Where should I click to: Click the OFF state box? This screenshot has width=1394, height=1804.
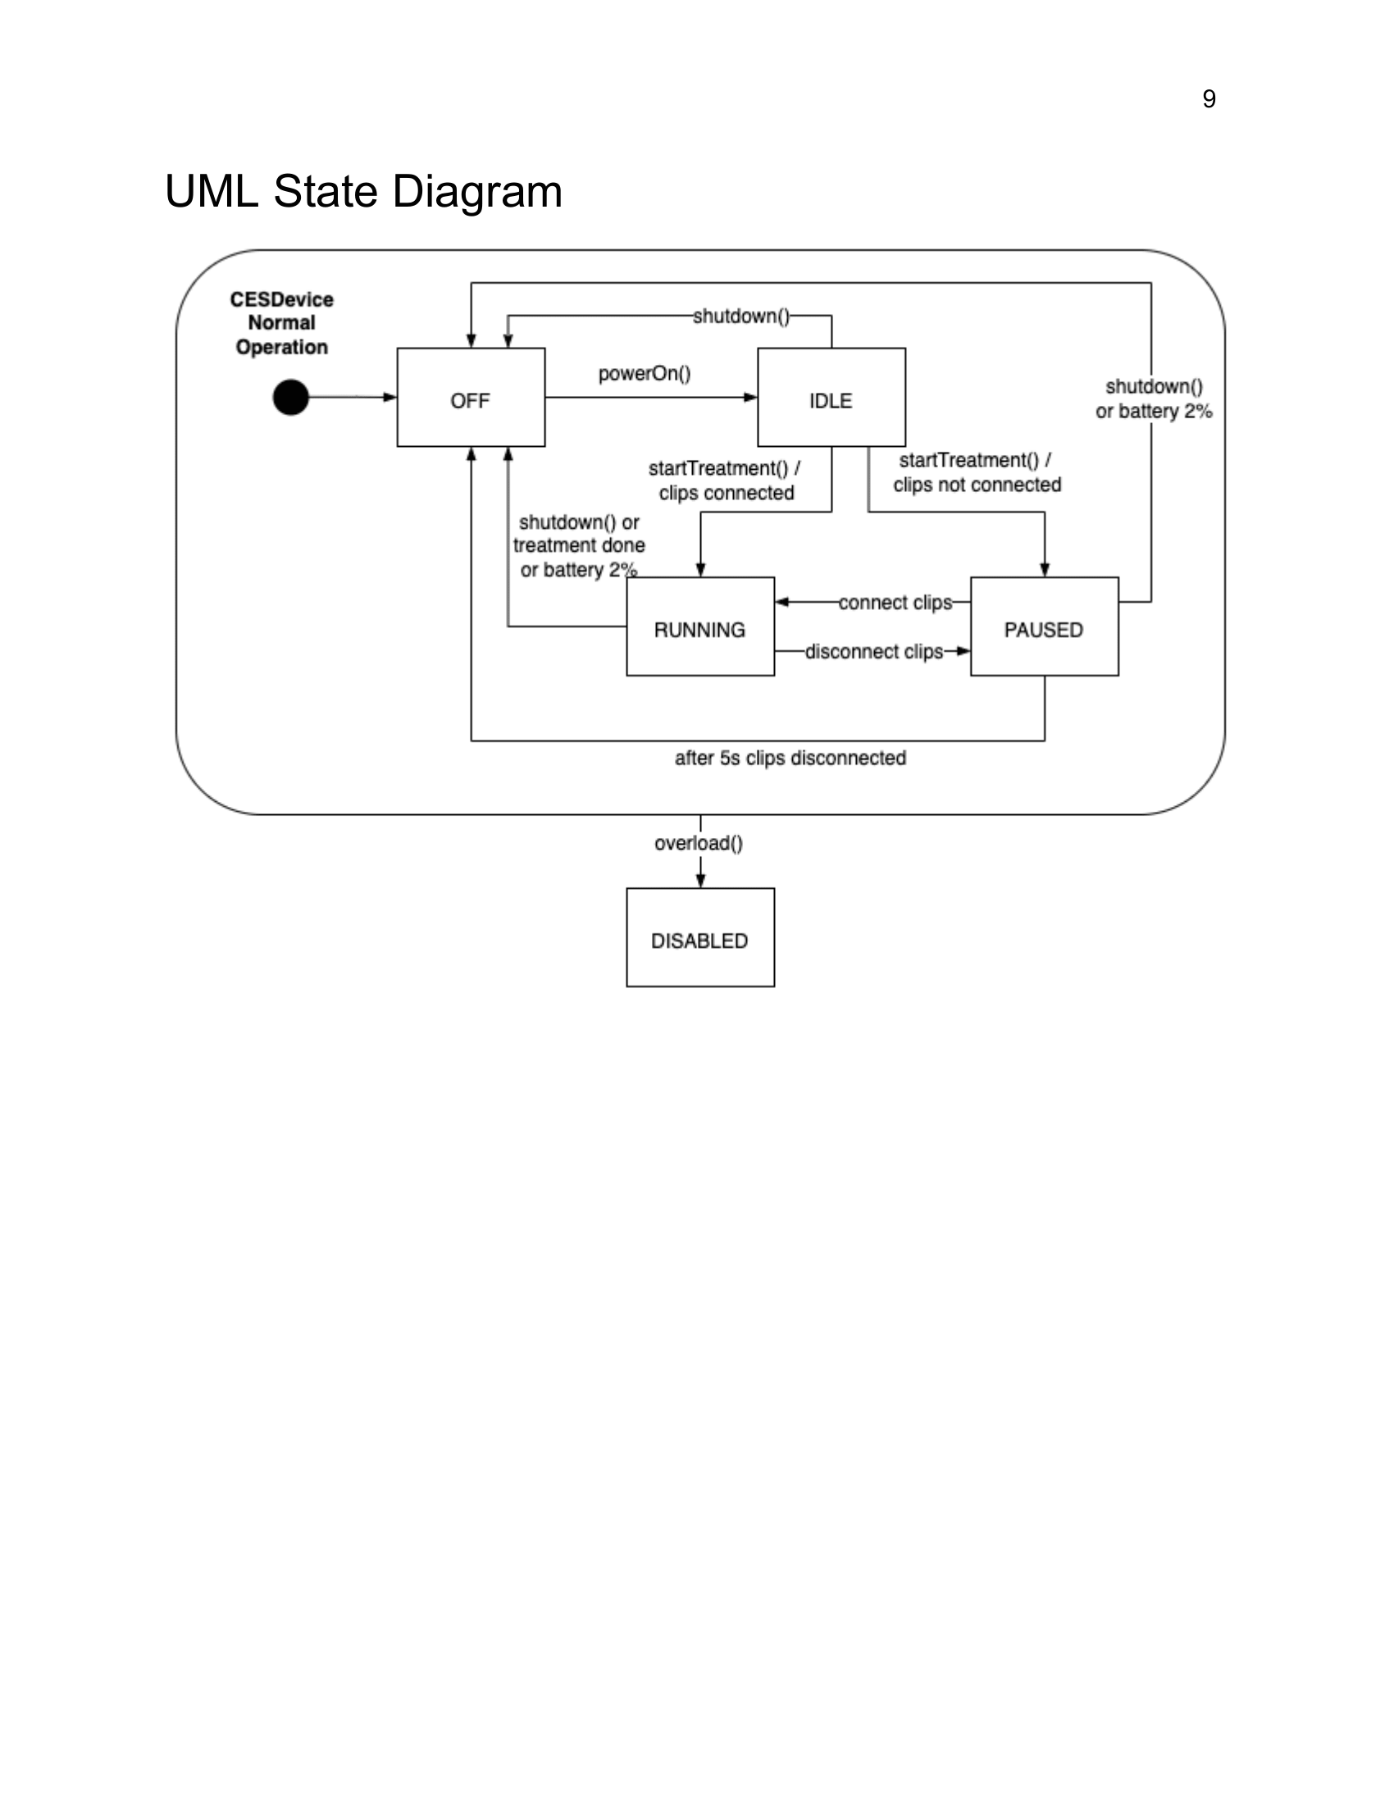pyautogui.click(x=471, y=398)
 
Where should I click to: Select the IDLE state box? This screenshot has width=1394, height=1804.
pyautogui.click(x=831, y=398)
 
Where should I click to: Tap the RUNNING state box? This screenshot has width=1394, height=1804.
pyautogui.click(x=700, y=626)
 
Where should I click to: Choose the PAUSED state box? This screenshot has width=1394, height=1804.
pyautogui.click(x=1045, y=626)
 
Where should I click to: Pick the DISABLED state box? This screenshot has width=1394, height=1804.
pyautogui.click(x=700, y=936)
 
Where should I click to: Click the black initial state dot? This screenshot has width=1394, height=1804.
pyautogui.click(x=291, y=398)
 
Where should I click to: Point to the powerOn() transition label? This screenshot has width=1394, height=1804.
pyautogui.click(x=645, y=374)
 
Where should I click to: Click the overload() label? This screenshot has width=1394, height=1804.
pyautogui.click(x=699, y=843)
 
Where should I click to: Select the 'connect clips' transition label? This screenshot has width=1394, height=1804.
pyautogui.click(x=895, y=603)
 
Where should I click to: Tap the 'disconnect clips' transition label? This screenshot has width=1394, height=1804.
pyautogui.click(x=874, y=652)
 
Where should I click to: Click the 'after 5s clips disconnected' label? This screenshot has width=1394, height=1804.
pyautogui.click(x=790, y=758)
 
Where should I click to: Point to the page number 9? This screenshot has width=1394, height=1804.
pyautogui.click(x=1209, y=99)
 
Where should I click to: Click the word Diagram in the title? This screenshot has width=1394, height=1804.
pyautogui.click(x=477, y=193)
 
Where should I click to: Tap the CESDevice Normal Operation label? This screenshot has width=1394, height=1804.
pyautogui.click(x=281, y=323)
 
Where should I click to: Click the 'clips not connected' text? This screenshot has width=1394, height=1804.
pyautogui.click(x=977, y=485)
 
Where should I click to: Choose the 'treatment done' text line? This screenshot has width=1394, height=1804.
pyautogui.click(x=579, y=545)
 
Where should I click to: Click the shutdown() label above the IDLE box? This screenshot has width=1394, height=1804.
pyautogui.click(x=740, y=317)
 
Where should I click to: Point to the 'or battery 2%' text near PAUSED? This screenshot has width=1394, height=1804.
pyautogui.click(x=1154, y=412)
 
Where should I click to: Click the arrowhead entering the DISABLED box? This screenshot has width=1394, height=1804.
pyautogui.click(x=700, y=881)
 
